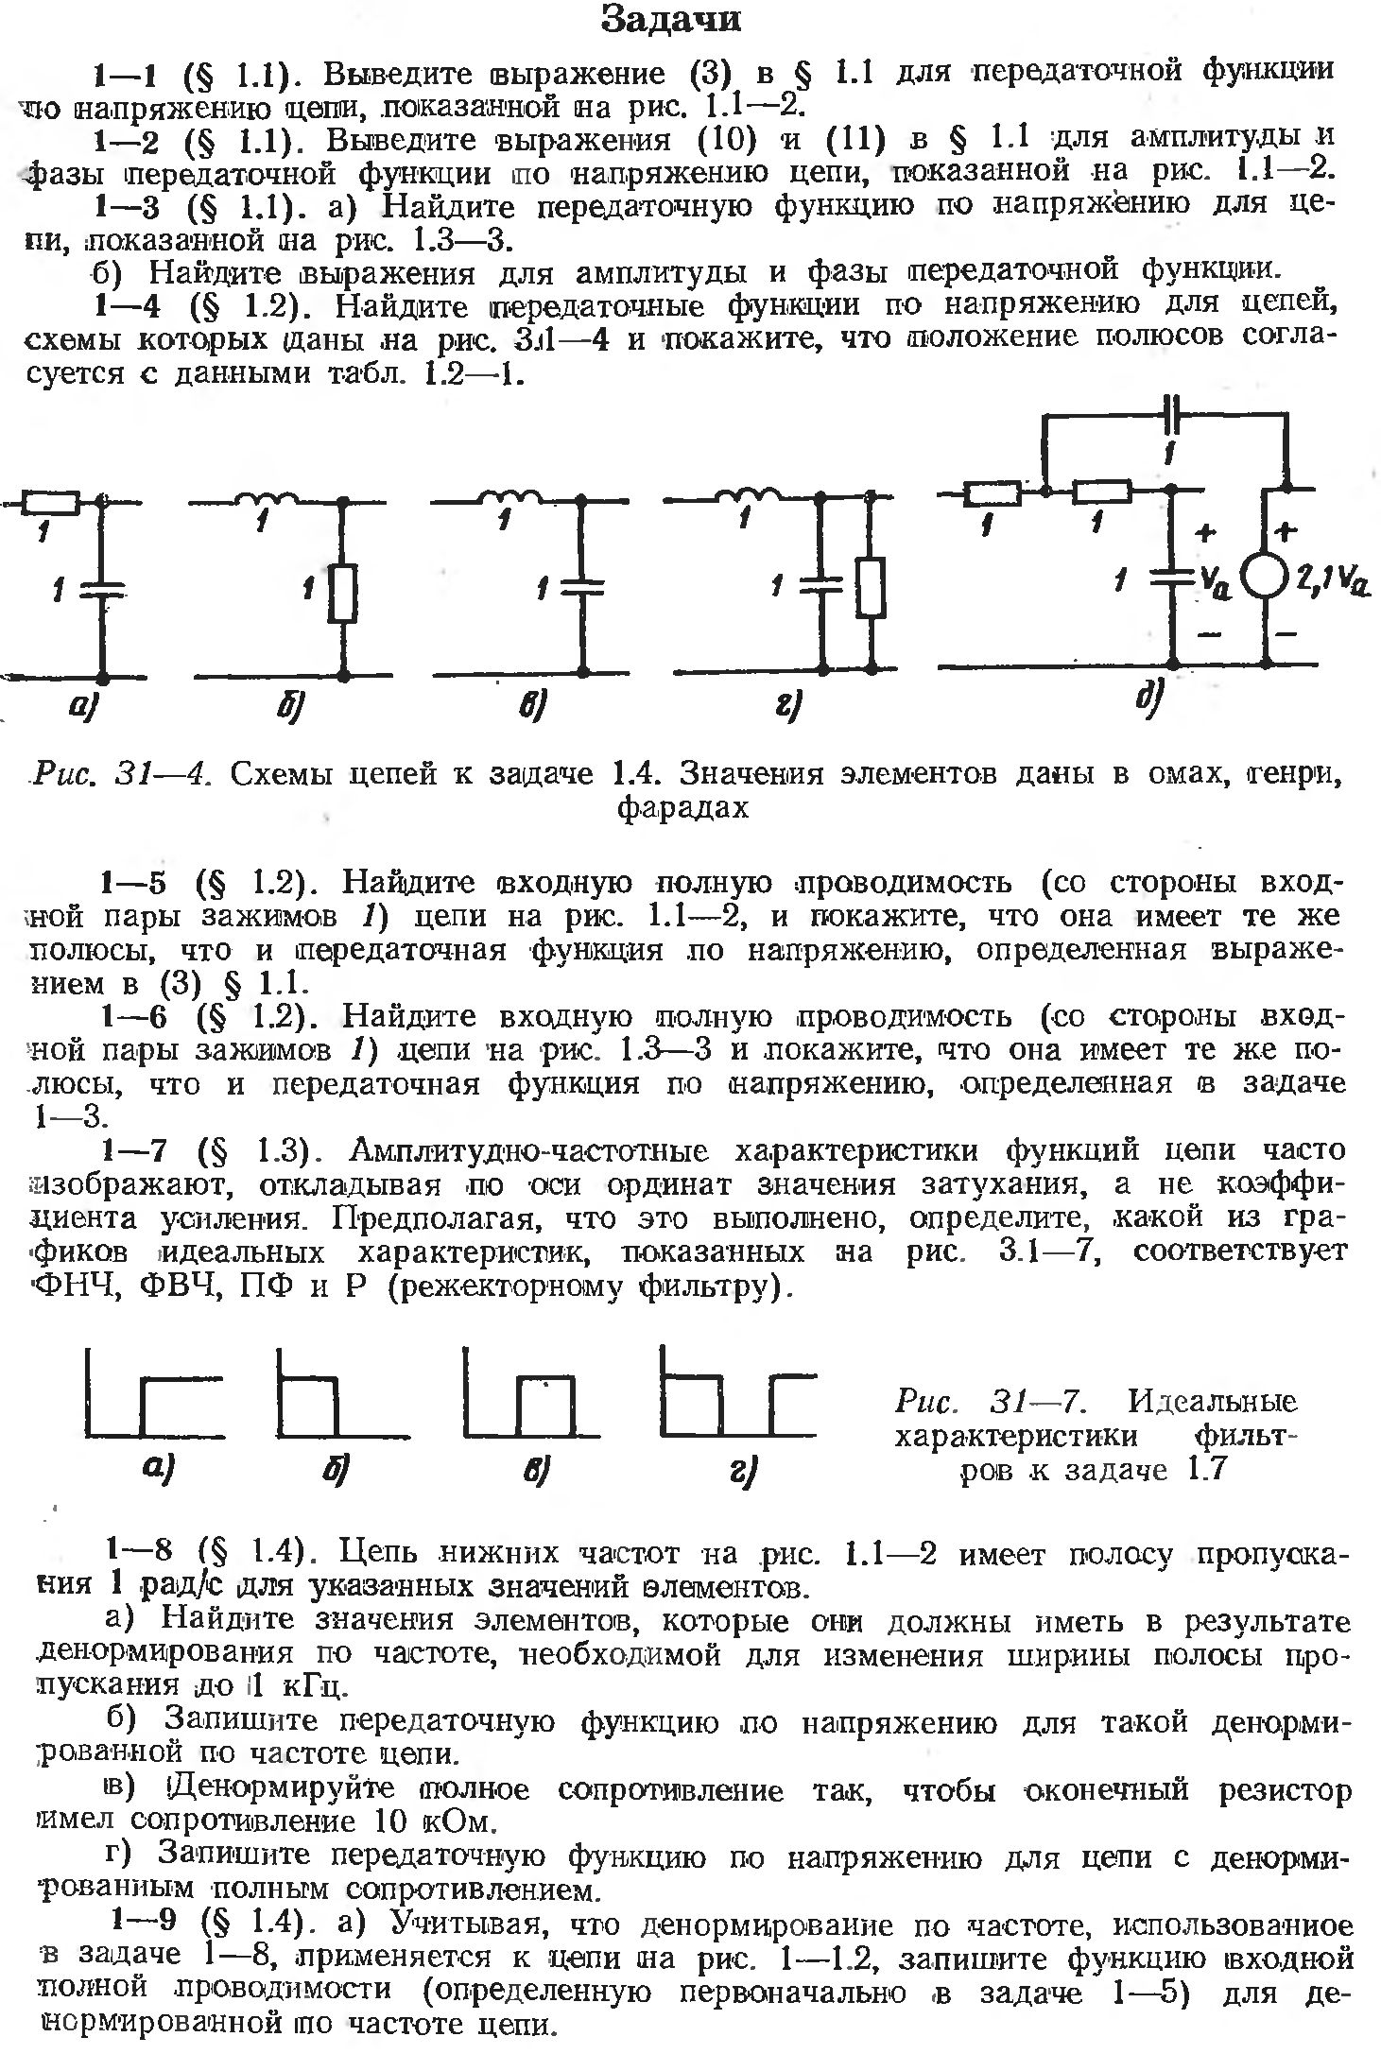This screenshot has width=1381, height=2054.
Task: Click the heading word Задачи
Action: [670, 21]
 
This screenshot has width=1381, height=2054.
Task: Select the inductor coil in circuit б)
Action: [271, 499]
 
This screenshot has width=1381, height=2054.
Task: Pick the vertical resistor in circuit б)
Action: [344, 593]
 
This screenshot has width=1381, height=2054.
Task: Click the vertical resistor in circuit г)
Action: [870, 587]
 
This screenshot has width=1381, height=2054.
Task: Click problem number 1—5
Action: [134, 883]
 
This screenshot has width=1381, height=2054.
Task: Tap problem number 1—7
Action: [134, 1150]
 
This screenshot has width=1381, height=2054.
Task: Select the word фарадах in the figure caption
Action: [682, 808]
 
